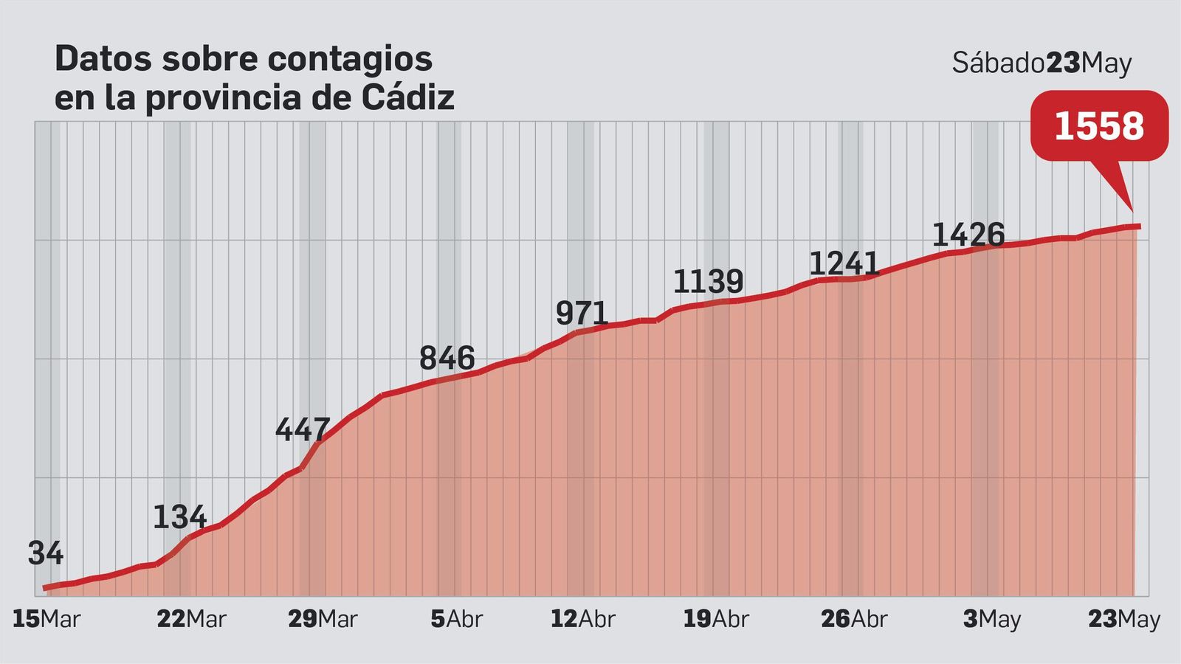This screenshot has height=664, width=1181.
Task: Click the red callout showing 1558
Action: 1099,126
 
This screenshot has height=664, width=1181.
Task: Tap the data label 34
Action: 46,553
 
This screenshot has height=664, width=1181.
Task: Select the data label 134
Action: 179,517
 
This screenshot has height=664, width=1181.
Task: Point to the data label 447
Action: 303,429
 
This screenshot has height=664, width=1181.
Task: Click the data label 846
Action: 447,359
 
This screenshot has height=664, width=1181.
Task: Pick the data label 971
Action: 582,314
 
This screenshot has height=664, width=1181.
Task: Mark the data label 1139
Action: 708,282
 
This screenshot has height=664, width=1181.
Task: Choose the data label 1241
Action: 844,263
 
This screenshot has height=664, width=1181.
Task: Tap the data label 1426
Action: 968,235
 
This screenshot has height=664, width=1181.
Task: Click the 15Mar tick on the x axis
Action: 47,619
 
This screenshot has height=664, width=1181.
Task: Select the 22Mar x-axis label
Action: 191,619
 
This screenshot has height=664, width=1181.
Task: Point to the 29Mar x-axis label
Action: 323,619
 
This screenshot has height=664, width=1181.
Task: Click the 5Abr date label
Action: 456,619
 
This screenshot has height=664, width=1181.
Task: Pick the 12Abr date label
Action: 582,619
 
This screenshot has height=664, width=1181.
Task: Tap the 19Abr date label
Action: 715,619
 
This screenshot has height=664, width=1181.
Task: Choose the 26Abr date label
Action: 854,619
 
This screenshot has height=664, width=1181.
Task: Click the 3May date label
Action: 991,619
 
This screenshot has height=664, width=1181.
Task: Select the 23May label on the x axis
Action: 1124,619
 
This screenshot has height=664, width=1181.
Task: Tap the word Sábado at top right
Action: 998,63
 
